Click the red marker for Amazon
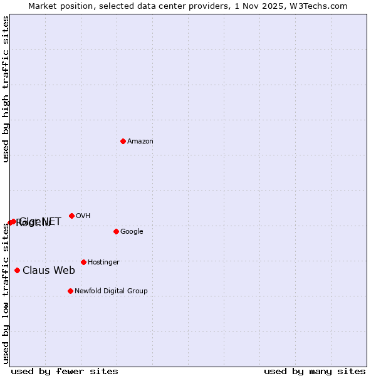click(x=123, y=141)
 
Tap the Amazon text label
click(x=140, y=142)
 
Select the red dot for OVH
click(x=71, y=216)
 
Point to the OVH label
click(x=83, y=216)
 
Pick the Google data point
click(x=116, y=231)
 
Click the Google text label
click(x=132, y=232)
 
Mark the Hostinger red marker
click(x=83, y=262)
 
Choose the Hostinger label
click(x=103, y=263)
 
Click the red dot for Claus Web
click(x=17, y=270)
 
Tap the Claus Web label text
click(x=49, y=271)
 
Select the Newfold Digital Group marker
click(x=70, y=291)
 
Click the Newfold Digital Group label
click(x=111, y=291)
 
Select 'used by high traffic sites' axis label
click(x=6, y=89)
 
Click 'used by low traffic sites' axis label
click(x=6, y=293)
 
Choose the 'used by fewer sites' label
click(x=65, y=372)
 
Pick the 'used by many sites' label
click(x=315, y=372)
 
